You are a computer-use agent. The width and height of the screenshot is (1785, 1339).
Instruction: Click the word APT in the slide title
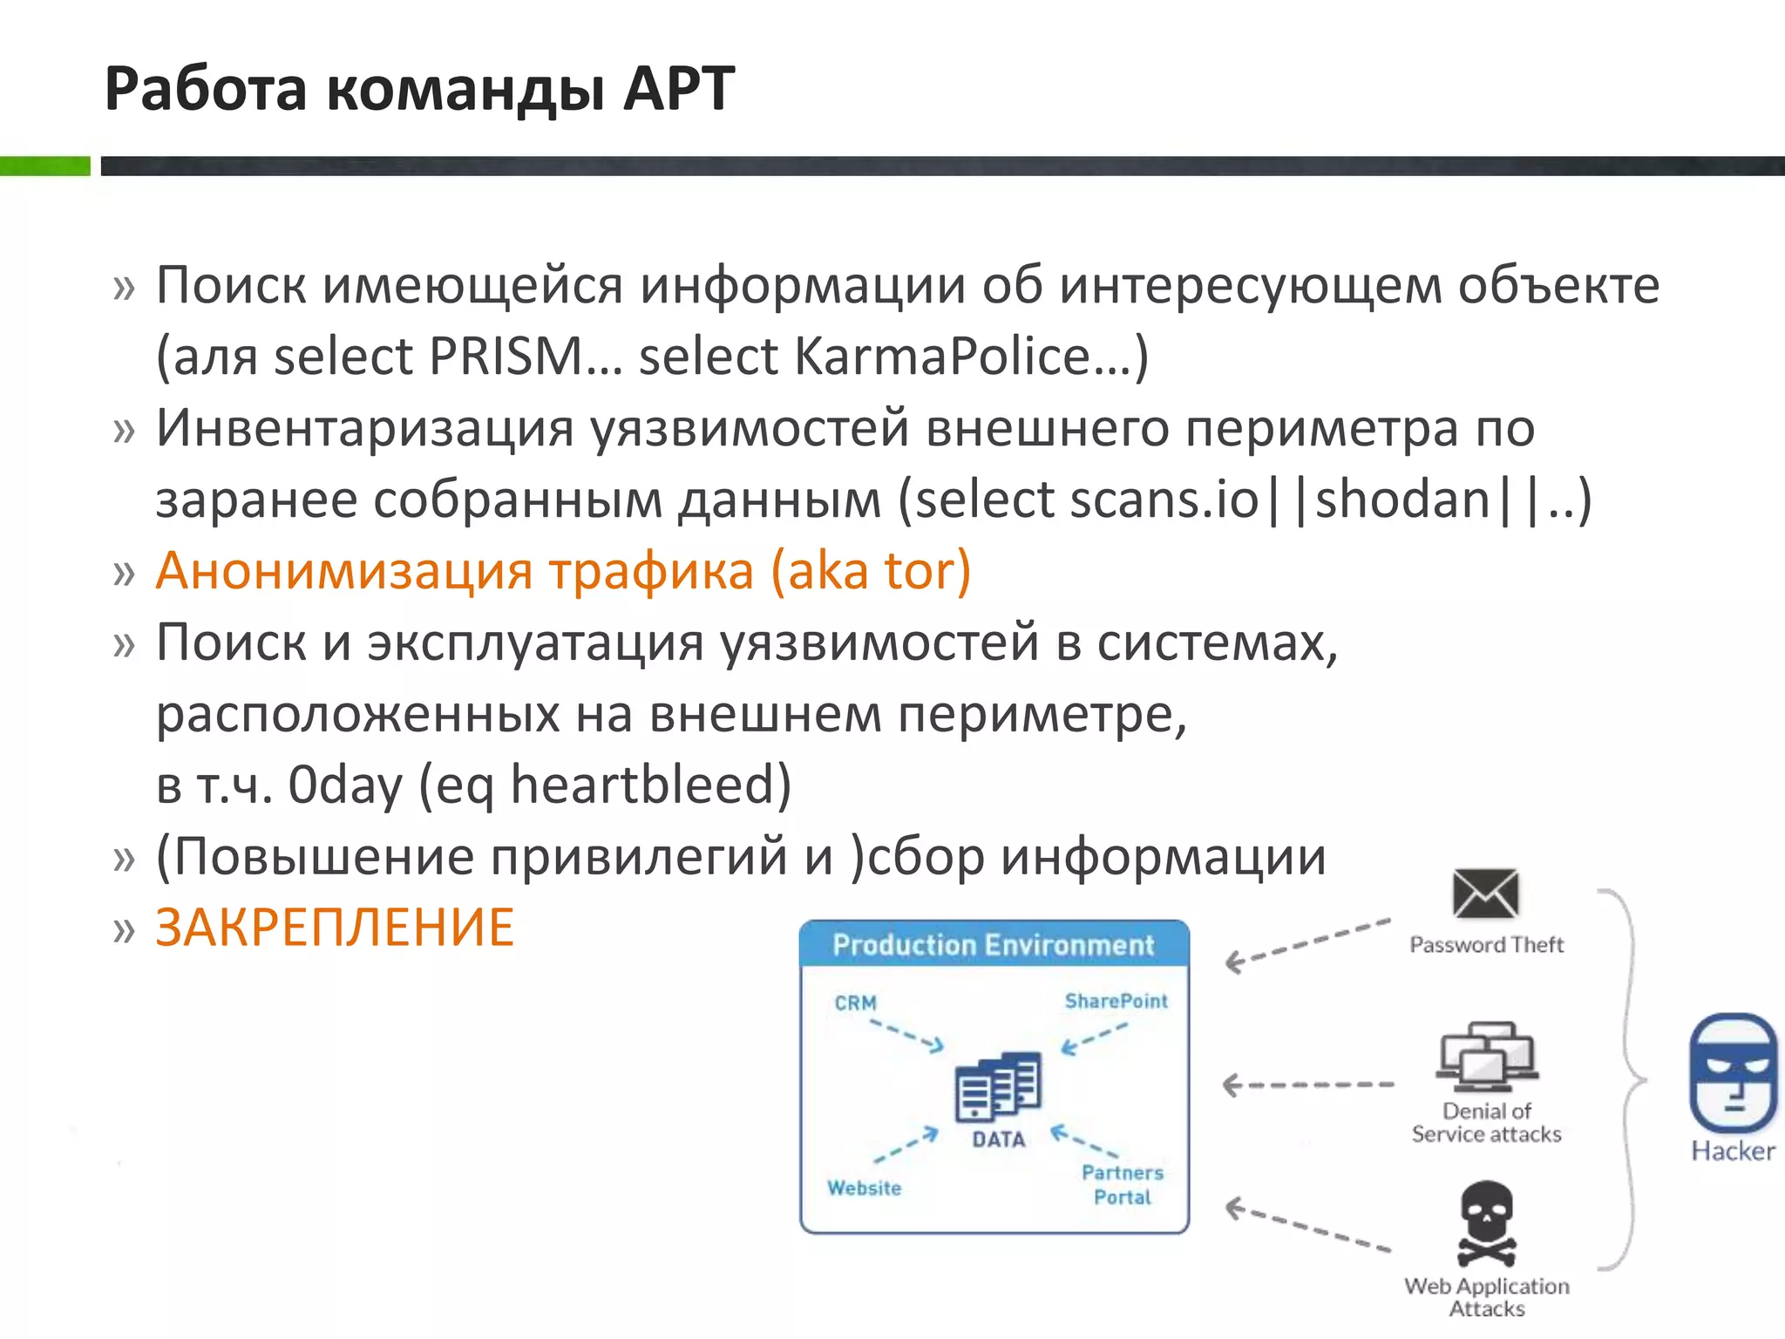tap(679, 90)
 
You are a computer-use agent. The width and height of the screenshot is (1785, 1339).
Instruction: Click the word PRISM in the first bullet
tap(506, 357)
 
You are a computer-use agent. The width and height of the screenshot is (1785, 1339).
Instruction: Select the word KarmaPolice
tap(942, 357)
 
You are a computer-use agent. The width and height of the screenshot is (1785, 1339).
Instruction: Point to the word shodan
tap(1402, 500)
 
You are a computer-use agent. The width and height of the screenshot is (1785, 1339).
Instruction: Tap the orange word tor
tap(914, 572)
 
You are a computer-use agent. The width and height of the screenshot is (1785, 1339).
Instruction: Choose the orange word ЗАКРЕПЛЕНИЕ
tap(335, 928)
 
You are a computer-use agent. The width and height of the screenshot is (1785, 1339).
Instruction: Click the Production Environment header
tap(994, 945)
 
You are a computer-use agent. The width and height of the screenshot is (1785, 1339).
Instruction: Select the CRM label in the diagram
tap(855, 1003)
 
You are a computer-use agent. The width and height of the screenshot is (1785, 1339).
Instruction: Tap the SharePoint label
tap(1116, 1002)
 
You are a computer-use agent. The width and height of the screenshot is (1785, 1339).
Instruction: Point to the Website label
tap(864, 1188)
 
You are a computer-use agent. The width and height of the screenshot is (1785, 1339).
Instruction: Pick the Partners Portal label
tap(1123, 1185)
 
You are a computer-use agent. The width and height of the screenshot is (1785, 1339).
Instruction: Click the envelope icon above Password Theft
tap(1486, 894)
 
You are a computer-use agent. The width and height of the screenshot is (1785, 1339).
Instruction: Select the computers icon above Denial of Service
tap(1487, 1057)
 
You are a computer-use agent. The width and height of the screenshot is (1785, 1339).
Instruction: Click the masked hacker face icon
tap(1733, 1073)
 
